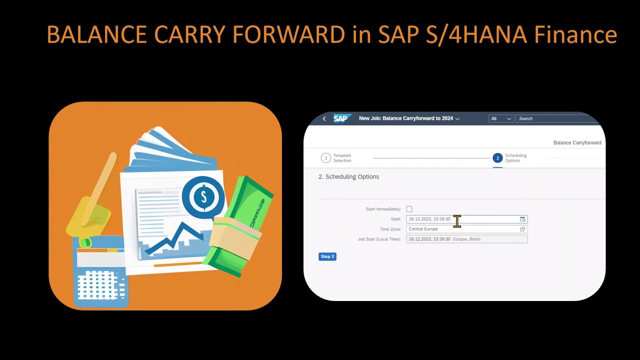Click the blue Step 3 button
[327, 256]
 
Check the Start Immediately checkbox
[409, 209]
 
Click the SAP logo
[340, 118]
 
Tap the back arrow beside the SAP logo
[324, 118]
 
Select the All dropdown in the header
[501, 118]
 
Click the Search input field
[555, 118]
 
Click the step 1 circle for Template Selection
[326, 158]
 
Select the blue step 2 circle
[497, 158]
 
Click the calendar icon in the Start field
[522, 219]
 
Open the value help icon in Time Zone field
[522, 229]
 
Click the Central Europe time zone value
[423, 229]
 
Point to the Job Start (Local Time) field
[466, 239]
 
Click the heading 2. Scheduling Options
[348, 176]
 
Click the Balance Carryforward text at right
[577, 142]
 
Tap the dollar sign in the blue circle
[203, 196]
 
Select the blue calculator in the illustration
[100, 272]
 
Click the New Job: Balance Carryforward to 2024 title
[406, 118]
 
